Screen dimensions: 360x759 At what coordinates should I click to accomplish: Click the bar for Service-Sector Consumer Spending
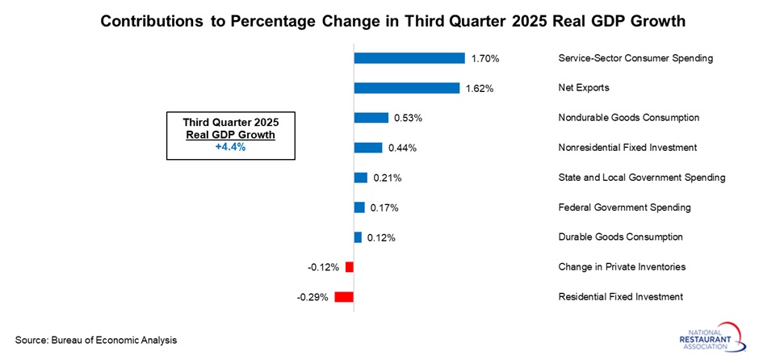[x=409, y=58]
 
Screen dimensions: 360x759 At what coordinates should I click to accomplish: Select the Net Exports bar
[x=406, y=88]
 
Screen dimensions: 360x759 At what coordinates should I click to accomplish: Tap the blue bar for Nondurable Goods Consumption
[x=371, y=118]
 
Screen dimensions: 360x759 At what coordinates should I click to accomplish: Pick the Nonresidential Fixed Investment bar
[x=368, y=148]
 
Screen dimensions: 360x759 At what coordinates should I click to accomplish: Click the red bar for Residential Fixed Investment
[x=344, y=297]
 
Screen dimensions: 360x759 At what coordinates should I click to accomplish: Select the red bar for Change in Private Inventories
[x=350, y=267]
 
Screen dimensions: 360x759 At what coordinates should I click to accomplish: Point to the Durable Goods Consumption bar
[x=358, y=237]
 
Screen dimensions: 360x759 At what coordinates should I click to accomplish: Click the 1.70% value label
[x=486, y=58]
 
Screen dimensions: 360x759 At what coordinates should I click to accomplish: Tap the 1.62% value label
[x=480, y=88]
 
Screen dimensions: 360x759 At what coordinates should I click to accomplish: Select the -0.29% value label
[x=312, y=297]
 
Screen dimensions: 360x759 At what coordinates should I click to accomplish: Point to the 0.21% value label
[x=386, y=178]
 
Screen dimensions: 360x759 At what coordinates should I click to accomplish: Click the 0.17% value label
[x=384, y=207]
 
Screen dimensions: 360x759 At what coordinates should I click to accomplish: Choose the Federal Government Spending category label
[x=624, y=207]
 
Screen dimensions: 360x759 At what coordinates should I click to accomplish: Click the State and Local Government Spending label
[x=641, y=178]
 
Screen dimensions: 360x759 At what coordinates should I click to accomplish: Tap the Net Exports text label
[x=583, y=88]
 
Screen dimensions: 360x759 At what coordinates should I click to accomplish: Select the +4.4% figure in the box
[x=230, y=147]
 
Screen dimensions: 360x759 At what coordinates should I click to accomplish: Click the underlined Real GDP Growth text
[x=230, y=135]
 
